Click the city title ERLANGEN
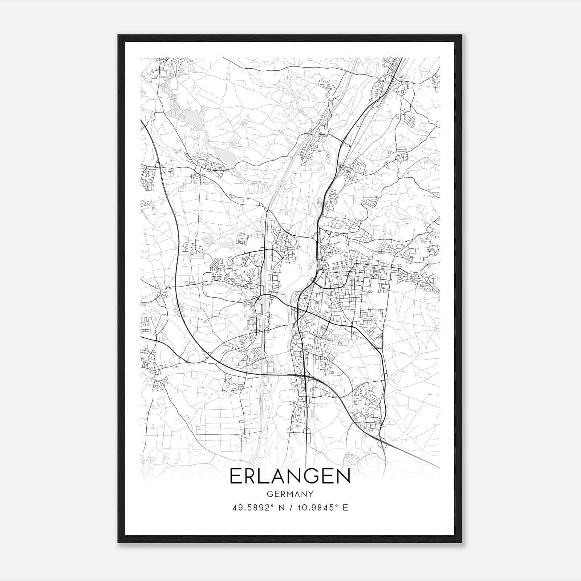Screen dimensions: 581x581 point(290,476)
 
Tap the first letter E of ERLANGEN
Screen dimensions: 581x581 point(235,476)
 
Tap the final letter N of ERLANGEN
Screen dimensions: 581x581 point(343,476)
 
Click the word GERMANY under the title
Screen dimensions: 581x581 point(290,494)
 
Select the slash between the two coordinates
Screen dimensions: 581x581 point(291,508)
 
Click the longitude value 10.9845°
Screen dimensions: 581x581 point(317,508)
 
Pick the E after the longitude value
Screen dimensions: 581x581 point(345,508)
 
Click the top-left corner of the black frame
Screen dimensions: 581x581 point(118,35)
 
